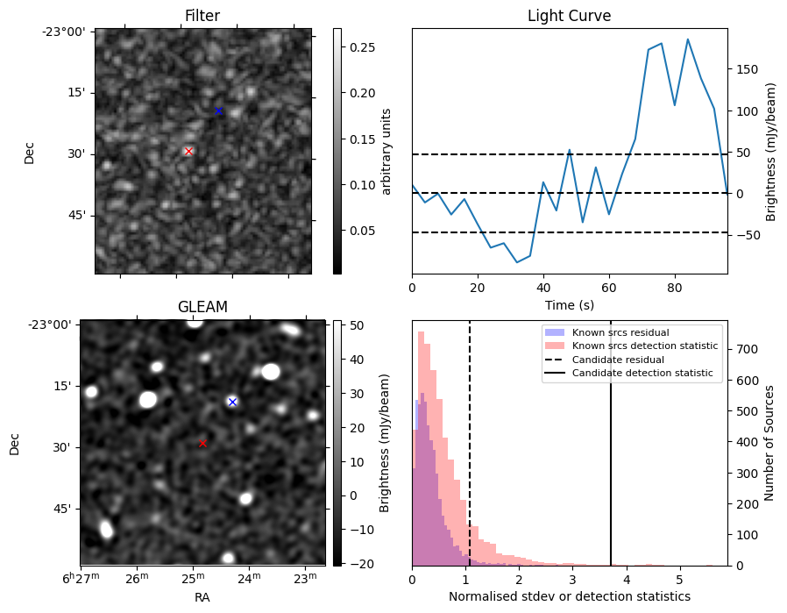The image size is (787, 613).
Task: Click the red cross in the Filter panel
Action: (188, 151)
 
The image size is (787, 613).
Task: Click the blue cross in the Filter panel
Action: (218, 110)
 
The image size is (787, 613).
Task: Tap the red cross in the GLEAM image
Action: (202, 443)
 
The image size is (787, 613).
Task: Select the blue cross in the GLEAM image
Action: (232, 402)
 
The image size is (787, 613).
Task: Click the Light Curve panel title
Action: (569, 16)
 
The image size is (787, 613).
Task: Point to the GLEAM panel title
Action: (202, 307)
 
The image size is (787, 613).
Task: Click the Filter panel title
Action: (202, 16)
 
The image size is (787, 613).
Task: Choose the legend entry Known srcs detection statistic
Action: (644, 346)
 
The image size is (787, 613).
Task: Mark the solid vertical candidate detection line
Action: (611, 456)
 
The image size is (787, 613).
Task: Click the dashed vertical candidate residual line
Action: (470, 456)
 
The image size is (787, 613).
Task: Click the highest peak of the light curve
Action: (688, 39)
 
